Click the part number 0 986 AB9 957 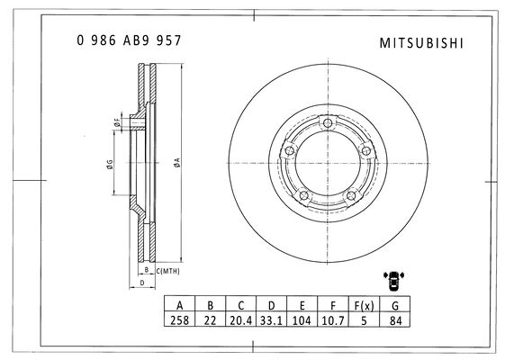coord(129,40)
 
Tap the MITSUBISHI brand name coord(421,43)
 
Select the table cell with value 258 coord(180,320)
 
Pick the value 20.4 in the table coord(241,320)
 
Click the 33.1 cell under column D coord(271,320)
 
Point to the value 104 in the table coord(302,320)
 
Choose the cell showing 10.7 coord(333,320)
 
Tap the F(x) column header coord(364,304)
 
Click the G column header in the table coord(395,304)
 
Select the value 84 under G coord(395,320)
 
